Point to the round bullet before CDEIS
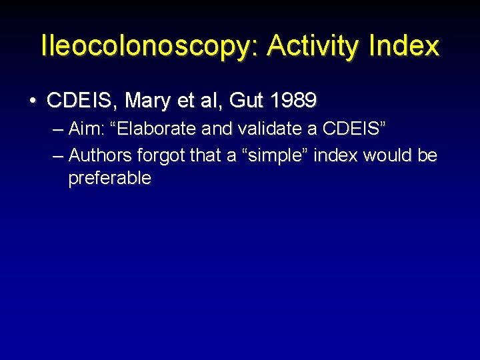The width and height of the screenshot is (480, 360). pyautogui.click(x=33, y=101)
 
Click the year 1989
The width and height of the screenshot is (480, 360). pyautogui.click(x=294, y=101)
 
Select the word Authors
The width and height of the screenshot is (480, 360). pyautogui.click(x=100, y=155)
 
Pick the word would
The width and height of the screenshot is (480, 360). pyautogui.click(x=386, y=155)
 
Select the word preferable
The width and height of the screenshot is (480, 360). pyautogui.click(x=109, y=178)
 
